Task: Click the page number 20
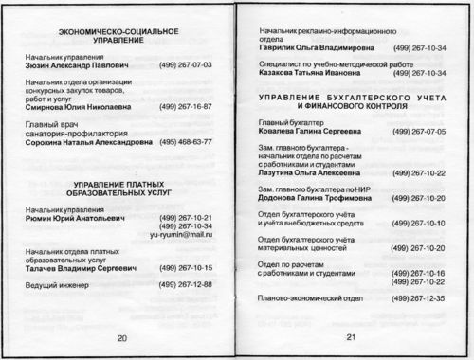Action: [x=121, y=338]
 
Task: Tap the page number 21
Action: [x=350, y=338]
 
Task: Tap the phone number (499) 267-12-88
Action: [x=187, y=284]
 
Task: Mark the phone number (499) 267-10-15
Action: [x=187, y=268]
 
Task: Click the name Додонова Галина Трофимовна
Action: [x=309, y=198]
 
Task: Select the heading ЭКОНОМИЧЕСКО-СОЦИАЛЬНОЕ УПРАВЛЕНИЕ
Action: [x=120, y=39]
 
